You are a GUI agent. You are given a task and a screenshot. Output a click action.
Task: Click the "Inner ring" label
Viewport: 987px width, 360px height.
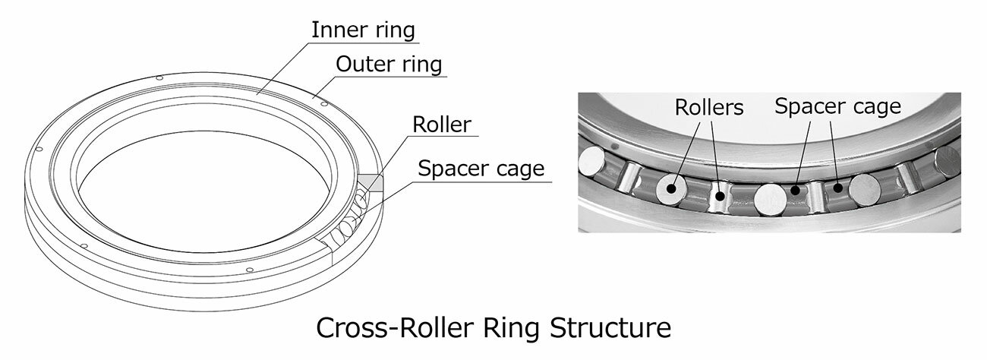[365, 30]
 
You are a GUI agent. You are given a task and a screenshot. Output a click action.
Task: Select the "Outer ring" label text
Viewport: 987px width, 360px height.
[389, 65]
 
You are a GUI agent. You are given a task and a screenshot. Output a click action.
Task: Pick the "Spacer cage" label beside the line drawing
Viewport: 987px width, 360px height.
[481, 168]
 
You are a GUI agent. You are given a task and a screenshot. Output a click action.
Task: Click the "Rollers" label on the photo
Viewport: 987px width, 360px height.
[709, 107]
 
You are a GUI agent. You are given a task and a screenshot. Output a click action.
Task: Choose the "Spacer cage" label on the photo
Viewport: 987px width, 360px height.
[837, 106]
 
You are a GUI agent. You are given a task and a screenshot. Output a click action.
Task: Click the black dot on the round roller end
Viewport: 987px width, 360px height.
[671, 186]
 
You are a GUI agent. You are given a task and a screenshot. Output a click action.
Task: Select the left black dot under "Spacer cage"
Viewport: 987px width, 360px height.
[795, 191]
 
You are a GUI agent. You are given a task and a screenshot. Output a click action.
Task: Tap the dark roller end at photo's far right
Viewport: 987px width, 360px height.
[949, 163]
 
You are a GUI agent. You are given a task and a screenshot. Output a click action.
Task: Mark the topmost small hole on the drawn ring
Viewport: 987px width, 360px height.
[158, 79]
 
